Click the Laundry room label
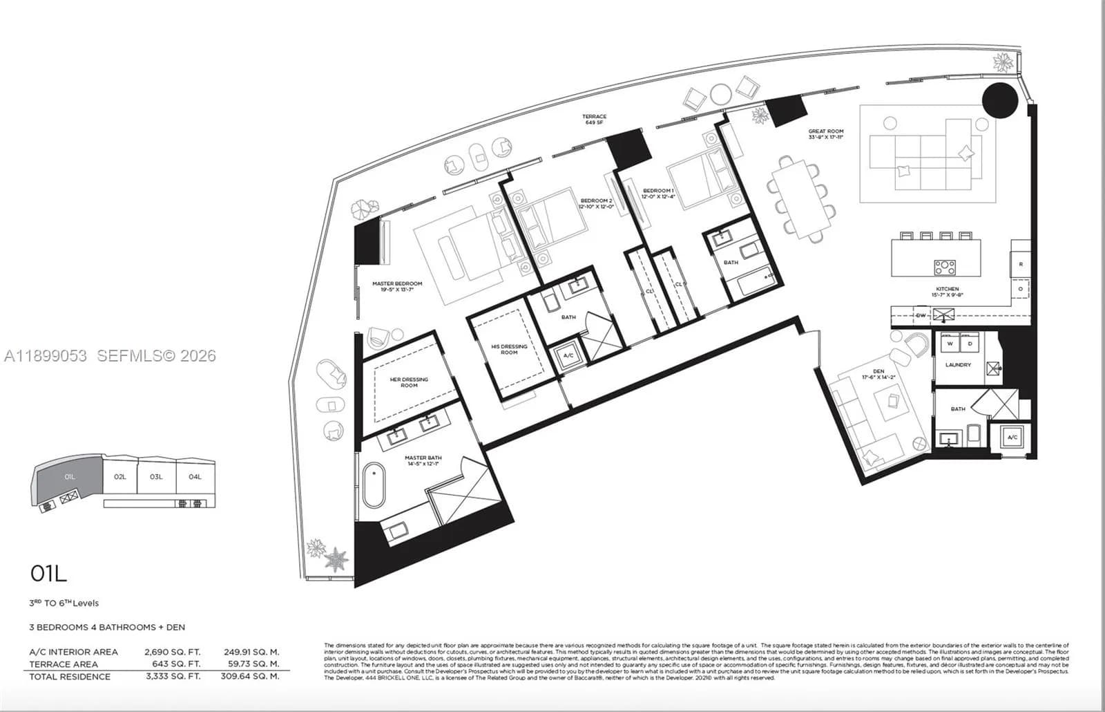(958, 364)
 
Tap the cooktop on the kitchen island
(944, 267)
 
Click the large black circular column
(999, 101)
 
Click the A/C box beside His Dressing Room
(568, 355)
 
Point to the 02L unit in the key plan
(120, 476)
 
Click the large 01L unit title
(48, 573)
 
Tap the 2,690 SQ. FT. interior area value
(172, 652)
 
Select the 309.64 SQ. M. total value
(251, 677)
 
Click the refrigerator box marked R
(1020, 264)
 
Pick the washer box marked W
(950, 344)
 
